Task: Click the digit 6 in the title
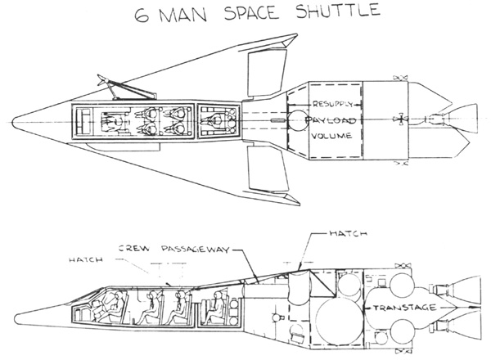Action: coord(142,16)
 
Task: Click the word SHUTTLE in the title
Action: coord(338,11)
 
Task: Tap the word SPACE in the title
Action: coord(251,13)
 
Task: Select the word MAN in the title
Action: coord(183,15)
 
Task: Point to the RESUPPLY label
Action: coord(332,104)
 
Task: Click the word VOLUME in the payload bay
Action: coord(331,136)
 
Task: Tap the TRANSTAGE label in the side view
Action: coord(405,308)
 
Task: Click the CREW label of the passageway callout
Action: coord(134,249)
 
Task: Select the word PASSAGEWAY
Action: coord(196,250)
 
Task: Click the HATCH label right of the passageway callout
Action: coord(349,233)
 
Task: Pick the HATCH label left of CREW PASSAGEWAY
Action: coord(85,259)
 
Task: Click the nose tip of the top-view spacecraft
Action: coord(12,122)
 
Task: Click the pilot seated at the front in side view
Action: coord(114,307)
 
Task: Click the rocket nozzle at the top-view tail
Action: coord(460,117)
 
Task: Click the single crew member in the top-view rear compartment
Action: coord(216,121)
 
